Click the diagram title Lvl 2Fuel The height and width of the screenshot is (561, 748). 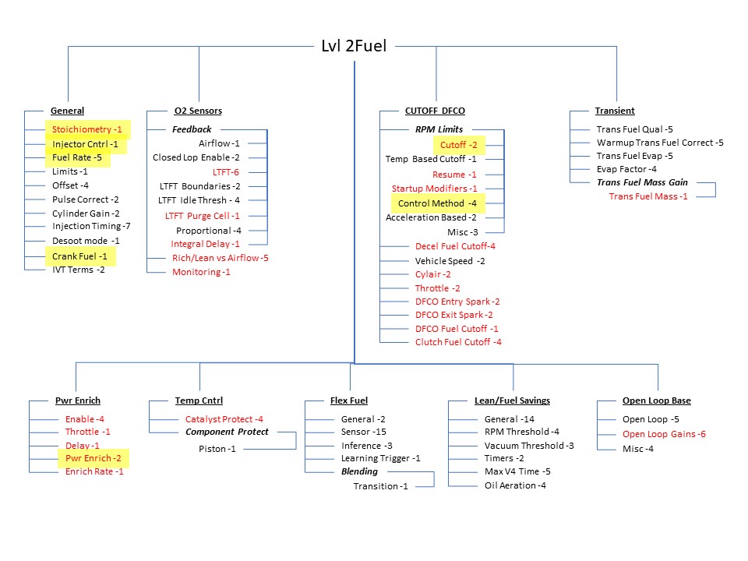(354, 46)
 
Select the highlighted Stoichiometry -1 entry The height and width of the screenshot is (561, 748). (86, 129)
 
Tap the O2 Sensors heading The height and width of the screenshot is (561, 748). (198, 111)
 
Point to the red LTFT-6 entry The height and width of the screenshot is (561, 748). (226, 172)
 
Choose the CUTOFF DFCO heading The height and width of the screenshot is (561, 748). (435, 111)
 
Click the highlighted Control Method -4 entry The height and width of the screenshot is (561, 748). (437, 203)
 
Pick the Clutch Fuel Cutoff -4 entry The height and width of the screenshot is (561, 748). (458, 342)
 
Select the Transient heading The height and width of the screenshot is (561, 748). (615, 111)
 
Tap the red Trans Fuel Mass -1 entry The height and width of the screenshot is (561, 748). (648, 196)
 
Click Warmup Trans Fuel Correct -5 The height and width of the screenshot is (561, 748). (660, 143)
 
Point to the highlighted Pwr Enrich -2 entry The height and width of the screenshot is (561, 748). (93, 458)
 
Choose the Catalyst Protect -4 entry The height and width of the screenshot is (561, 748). (224, 419)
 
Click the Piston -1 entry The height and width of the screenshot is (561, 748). (217, 449)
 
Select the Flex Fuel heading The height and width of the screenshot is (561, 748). (349, 400)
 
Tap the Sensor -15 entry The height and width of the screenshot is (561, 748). (364, 432)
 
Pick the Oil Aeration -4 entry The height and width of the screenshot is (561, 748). (515, 485)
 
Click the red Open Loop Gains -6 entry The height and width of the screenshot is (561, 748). (664, 434)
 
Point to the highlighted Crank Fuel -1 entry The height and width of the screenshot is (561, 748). (79, 256)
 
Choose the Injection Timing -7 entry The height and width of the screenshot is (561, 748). (91, 226)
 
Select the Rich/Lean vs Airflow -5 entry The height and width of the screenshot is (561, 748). (221, 258)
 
